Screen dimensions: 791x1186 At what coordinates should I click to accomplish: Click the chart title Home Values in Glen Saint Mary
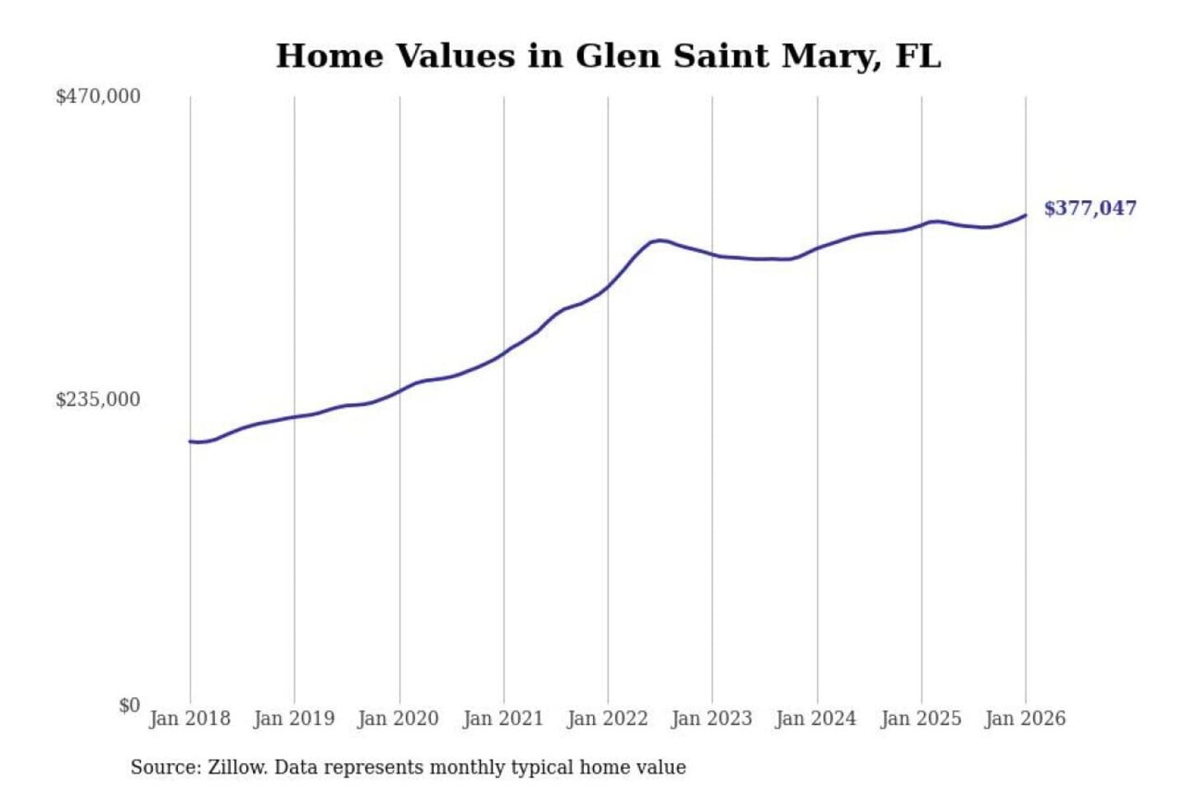(608, 56)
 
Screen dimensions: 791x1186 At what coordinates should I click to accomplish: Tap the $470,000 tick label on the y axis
(98, 96)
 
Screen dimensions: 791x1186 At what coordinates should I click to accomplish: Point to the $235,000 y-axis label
(98, 400)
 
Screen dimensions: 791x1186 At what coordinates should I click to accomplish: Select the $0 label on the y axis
(129, 705)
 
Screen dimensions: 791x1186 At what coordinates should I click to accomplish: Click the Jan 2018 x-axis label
(189, 718)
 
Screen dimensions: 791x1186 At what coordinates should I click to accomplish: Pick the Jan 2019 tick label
(294, 718)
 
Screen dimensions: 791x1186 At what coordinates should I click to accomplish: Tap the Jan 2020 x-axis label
(399, 718)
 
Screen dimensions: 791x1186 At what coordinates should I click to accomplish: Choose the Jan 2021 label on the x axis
(503, 718)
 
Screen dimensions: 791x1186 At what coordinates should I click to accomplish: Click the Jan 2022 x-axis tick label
(608, 718)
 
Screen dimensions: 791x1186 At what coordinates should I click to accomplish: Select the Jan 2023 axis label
(712, 718)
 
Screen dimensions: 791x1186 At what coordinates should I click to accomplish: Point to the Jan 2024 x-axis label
(816, 718)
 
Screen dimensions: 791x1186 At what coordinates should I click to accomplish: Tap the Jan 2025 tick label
(921, 718)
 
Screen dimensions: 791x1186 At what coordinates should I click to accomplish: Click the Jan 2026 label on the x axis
(1025, 718)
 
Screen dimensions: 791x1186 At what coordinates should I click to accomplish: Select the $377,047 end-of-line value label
(1090, 208)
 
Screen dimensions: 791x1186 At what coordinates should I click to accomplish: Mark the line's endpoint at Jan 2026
(1025, 215)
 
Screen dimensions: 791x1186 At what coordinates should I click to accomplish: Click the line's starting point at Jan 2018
(190, 442)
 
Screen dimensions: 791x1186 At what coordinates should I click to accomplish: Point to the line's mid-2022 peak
(659, 240)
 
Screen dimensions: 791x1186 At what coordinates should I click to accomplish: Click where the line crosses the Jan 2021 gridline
(504, 353)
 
